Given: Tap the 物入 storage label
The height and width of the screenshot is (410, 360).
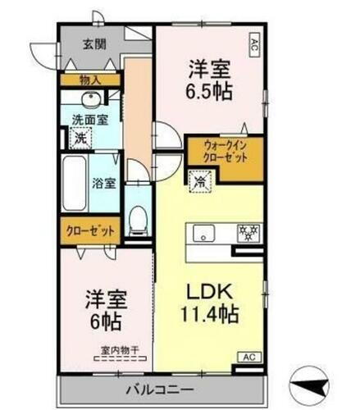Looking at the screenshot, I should coord(89,80).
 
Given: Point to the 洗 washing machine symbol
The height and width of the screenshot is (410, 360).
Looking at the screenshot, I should coord(81,139).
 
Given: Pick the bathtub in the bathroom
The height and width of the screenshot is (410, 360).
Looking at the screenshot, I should coord(72,182).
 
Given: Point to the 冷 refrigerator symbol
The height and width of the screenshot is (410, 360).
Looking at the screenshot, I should coord(198,180).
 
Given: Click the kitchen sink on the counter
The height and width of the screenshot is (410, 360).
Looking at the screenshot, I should coord(204,233).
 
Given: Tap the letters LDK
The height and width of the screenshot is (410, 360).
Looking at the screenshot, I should coord(208,289).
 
